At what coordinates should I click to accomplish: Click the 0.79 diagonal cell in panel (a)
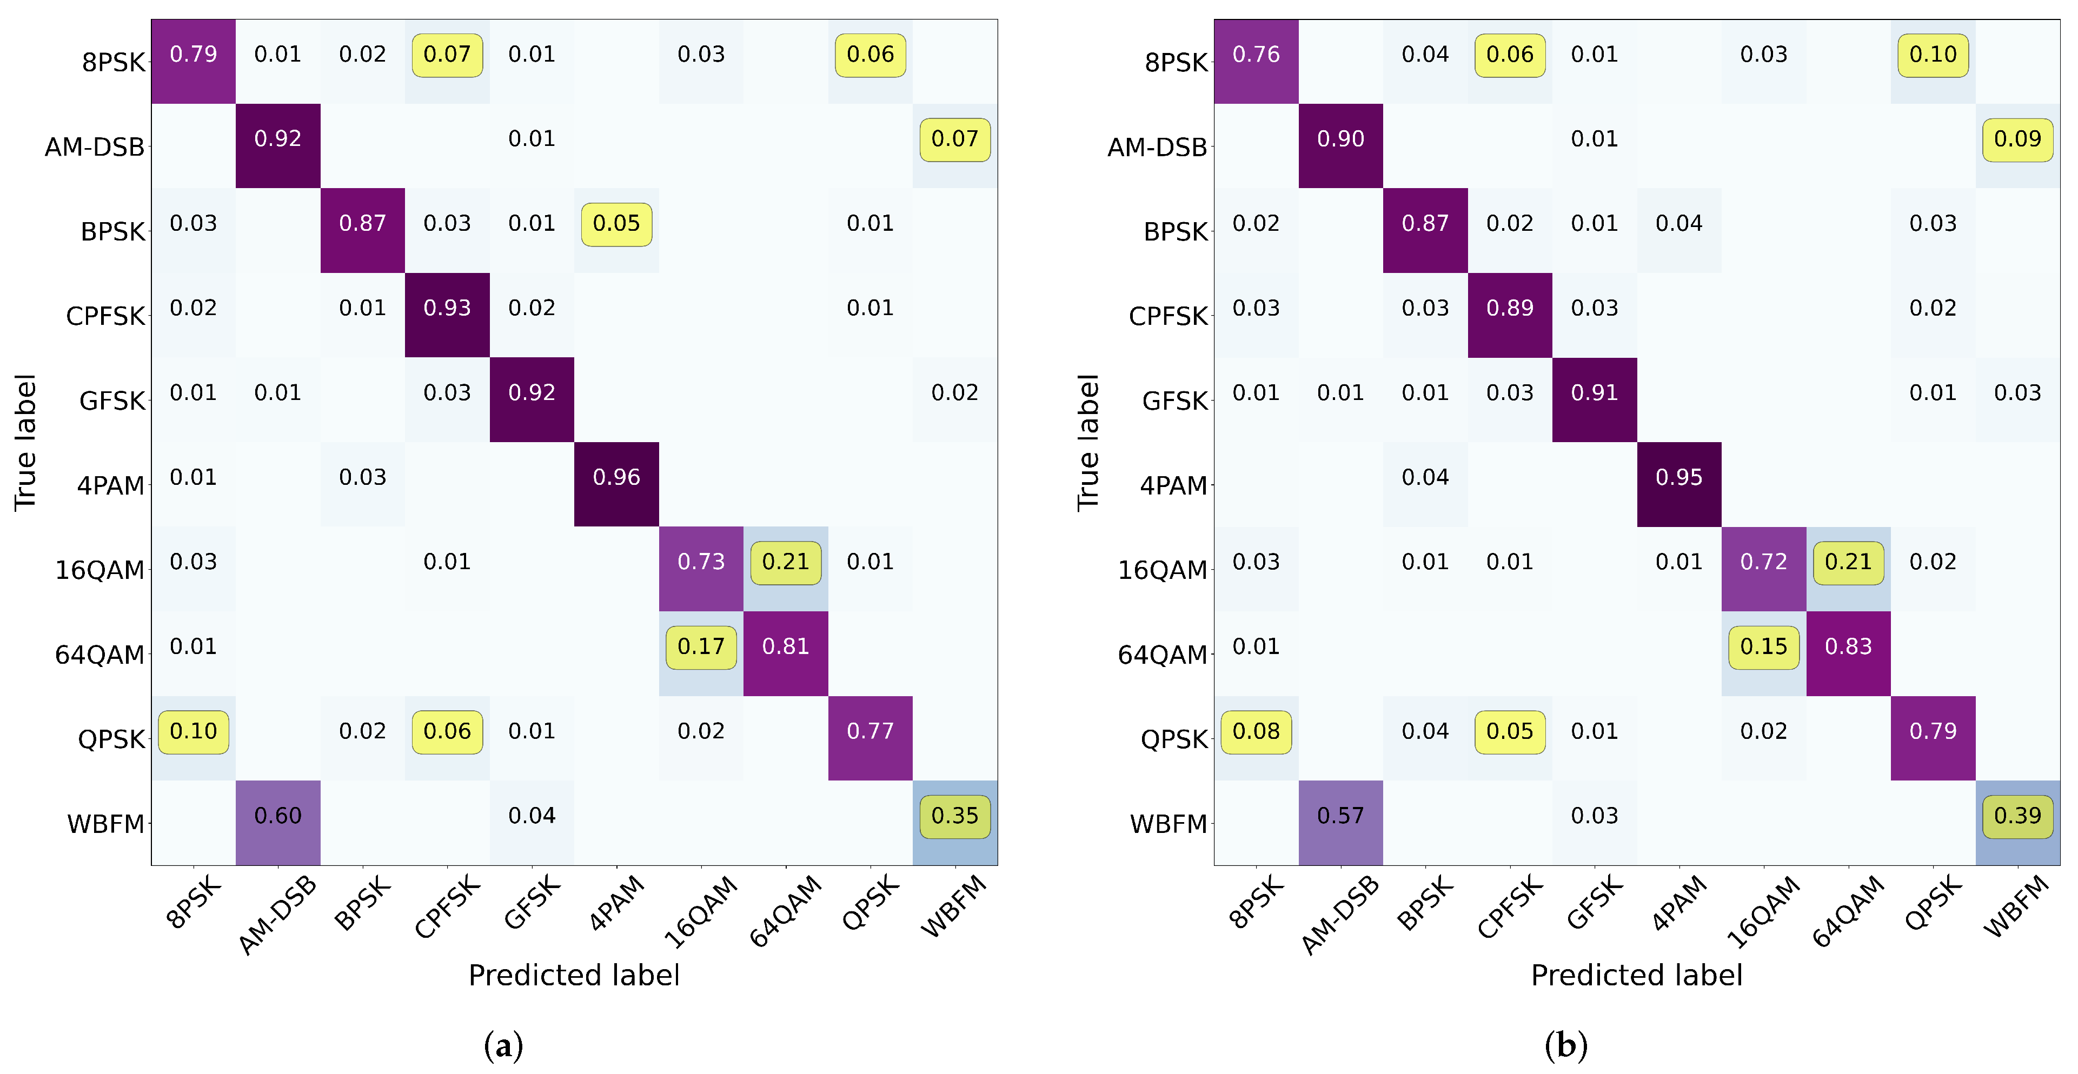click(x=194, y=55)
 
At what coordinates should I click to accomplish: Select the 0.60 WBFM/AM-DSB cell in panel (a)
click(x=277, y=816)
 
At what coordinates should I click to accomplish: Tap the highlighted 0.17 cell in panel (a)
click(x=701, y=646)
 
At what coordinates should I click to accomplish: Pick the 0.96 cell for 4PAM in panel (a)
click(x=616, y=477)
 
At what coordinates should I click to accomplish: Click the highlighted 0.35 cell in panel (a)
click(x=954, y=816)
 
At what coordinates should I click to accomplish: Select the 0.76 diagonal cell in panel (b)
click(x=1256, y=55)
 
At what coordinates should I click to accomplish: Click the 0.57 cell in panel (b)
click(x=1340, y=816)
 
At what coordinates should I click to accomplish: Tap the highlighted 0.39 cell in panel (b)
click(x=2017, y=816)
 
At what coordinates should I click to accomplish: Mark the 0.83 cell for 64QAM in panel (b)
click(x=1848, y=646)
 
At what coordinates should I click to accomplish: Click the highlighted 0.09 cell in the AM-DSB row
click(x=2017, y=139)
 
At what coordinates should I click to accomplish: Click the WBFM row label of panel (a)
click(x=105, y=824)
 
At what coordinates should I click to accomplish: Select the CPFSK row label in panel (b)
click(x=1167, y=316)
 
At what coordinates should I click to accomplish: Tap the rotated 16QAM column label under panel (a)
click(x=701, y=911)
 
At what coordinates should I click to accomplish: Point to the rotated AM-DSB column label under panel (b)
click(x=1340, y=915)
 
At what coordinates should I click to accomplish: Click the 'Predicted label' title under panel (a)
click(x=574, y=976)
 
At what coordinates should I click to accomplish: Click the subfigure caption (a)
click(x=503, y=1046)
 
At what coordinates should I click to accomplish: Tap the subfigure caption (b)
click(x=1566, y=1046)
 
